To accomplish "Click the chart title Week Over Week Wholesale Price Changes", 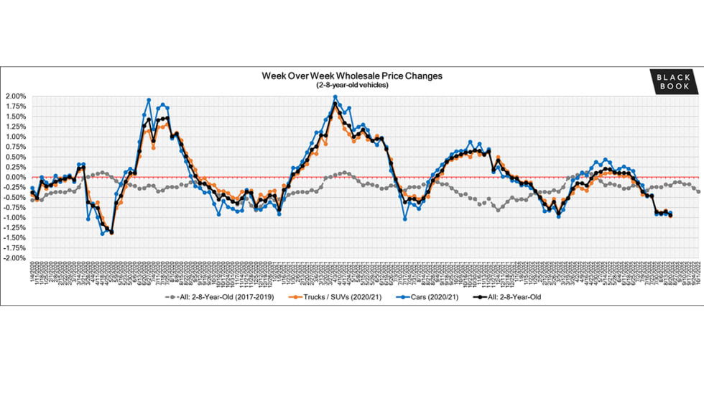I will click(x=351, y=76).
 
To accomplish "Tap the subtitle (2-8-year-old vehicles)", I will click(x=351, y=85).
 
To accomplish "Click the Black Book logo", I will click(x=674, y=81).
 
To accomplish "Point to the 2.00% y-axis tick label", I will click(x=16, y=96).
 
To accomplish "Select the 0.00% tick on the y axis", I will click(x=16, y=177).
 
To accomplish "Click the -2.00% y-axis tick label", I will click(x=14, y=258).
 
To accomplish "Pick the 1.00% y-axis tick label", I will click(x=16, y=137).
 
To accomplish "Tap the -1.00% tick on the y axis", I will click(x=14, y=218).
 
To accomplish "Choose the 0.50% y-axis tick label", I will click(x=16, y=157).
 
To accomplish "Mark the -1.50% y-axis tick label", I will click(x=14, y=238).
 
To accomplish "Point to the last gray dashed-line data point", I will click(x=698, y=191).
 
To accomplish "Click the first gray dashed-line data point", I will click(x=32, y=199).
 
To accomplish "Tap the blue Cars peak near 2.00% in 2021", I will click(x=335, y=97).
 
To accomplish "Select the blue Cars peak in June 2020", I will click(x=149, y=100).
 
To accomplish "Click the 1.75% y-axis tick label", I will click(x=16, y=106).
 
